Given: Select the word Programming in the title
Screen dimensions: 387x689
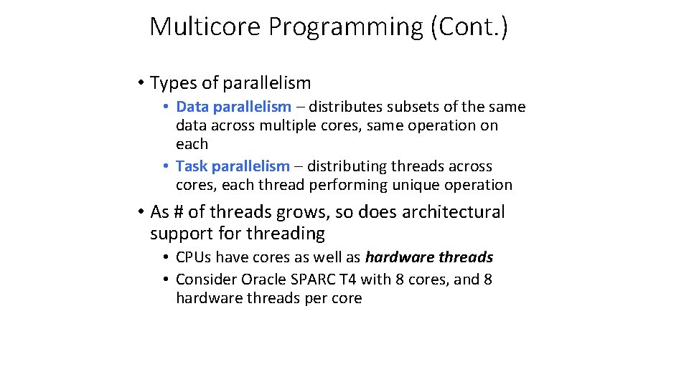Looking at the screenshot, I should (x=345, y=27).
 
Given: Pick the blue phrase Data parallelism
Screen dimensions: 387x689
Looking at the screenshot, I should (x=233, y=107).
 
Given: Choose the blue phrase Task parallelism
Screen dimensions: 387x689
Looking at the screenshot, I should (x=233, y=166).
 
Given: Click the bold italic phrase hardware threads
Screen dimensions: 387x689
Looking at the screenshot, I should (x=428, y=257).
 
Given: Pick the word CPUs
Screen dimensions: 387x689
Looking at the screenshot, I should (x=194, y=257).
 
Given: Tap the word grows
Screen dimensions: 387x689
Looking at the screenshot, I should (x=308, y=212).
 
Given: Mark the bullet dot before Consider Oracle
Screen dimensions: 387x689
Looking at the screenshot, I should (x=166, y=279).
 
